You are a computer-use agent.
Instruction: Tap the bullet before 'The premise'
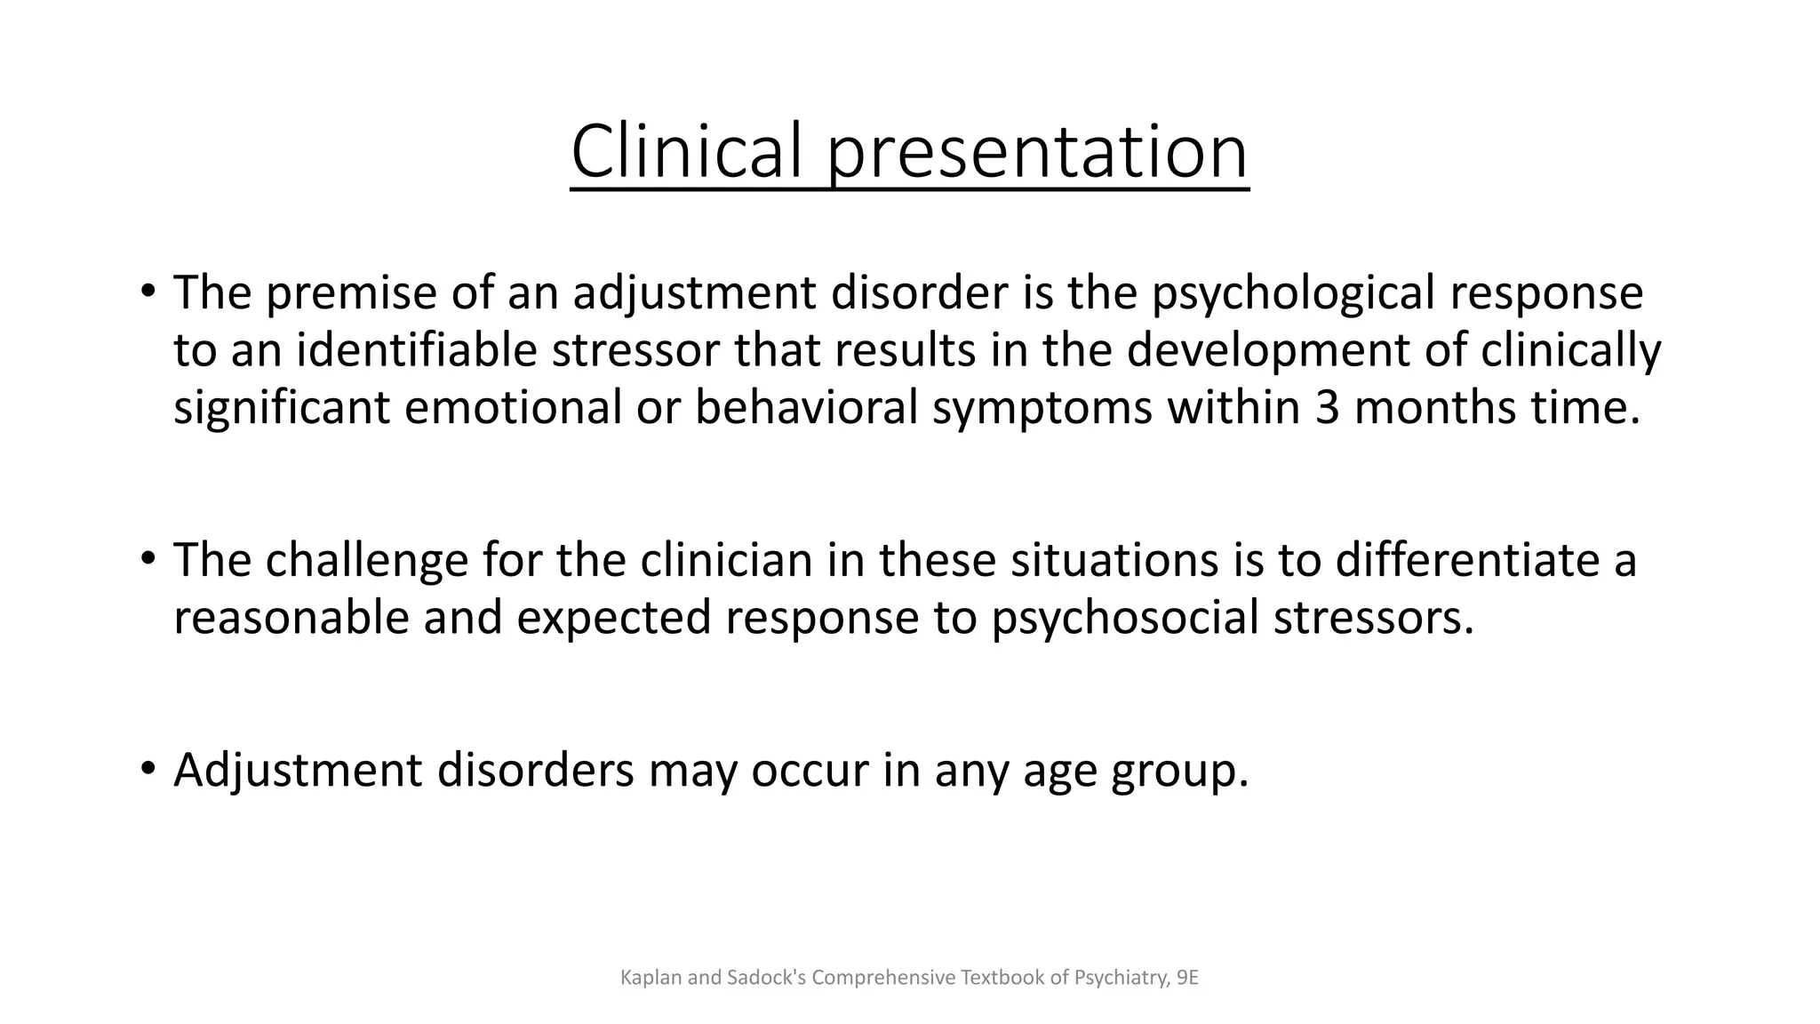148,292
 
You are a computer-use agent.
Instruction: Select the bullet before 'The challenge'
148,559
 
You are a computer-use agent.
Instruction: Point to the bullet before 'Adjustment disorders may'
148,769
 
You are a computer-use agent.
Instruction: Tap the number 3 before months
1327,407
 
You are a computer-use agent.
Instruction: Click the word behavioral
805,407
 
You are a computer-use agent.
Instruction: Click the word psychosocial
1125,618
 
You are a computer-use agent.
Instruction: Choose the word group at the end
1179,771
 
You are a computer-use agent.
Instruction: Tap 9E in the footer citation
1187,978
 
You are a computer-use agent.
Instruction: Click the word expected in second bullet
613,618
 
